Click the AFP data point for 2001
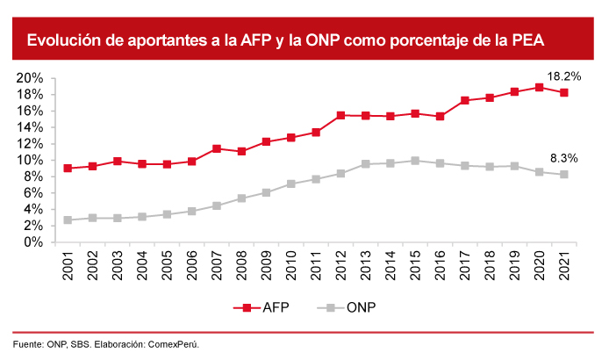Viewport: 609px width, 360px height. point(68,168)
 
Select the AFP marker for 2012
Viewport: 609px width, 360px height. point(340,115)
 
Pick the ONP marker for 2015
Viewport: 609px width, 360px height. point(415,161)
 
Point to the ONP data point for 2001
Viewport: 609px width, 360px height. point(68,220)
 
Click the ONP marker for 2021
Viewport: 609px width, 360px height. point(564,174)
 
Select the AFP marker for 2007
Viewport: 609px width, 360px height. point(217,148)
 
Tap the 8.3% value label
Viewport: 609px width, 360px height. point(563,158)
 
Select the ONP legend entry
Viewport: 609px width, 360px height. point(347,307)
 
